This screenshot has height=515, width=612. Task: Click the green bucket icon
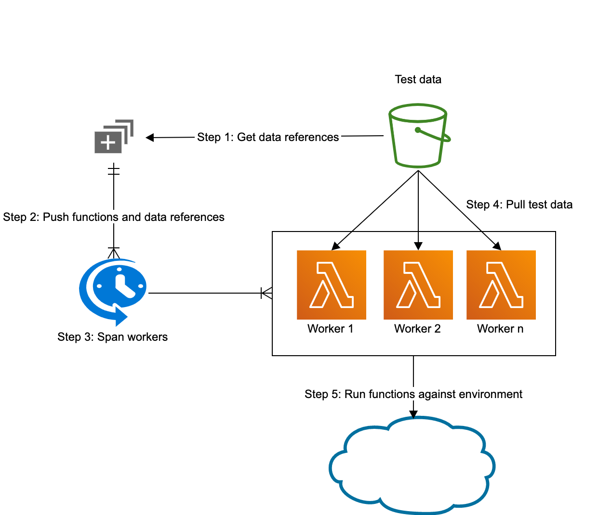[x=418, y=136]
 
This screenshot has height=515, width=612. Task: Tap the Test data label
[x=418, y=79]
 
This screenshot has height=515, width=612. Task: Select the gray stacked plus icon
[x=114, y=136]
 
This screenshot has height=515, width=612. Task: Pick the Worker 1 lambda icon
[x=332, y=284]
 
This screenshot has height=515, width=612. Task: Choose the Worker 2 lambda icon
[x=418, y=284]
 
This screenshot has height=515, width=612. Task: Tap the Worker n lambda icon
[x=501, y=284]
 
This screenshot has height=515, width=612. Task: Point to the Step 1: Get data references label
[x=268, y=137]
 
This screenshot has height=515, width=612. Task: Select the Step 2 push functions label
[x=114, y=217]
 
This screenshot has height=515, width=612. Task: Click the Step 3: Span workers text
[x=112, y=337]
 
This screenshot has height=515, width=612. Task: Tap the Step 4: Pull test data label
[x=519, y=205]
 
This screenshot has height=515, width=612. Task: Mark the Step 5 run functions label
[x=413, y=394]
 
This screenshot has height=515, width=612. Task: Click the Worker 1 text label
[x=330, y=329]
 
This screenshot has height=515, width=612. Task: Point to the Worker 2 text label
[x=417, y=329]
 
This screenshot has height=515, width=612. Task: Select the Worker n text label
[x=500, y=329]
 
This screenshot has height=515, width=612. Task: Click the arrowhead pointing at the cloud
[x=413, y=414]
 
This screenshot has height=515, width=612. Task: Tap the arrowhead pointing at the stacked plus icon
[x=150, y=138]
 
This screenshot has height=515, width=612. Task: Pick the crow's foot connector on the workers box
[x=266, y=293]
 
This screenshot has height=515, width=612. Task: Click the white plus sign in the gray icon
[x=108, y=142]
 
